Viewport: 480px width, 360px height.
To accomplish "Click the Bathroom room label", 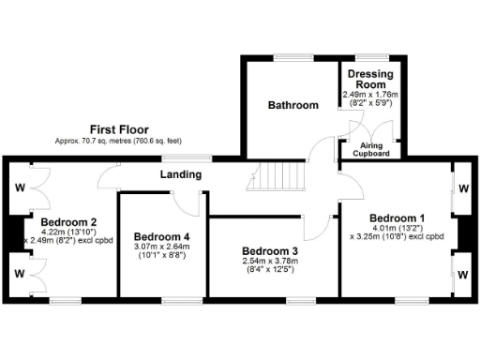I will [292, 106].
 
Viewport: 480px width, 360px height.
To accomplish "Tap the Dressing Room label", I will [370, 78].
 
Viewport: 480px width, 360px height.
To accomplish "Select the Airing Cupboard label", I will [371, 150].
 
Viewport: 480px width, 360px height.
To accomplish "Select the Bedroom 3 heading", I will [270, 251].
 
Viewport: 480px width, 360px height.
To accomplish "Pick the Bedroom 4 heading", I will [162, 236].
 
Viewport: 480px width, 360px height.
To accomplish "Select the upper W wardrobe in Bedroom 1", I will [464, 187].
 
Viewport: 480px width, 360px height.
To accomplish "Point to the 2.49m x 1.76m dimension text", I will [371, 95].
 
